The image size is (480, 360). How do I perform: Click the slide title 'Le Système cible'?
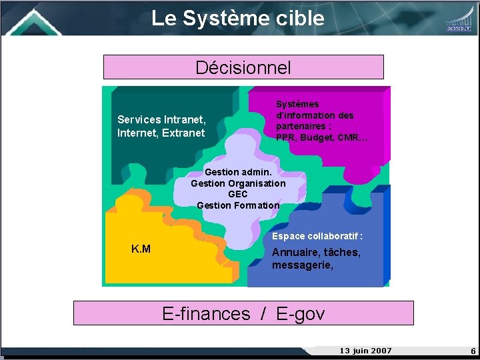238,18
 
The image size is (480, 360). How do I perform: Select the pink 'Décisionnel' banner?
243,67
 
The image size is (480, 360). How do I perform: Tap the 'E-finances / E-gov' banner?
243,313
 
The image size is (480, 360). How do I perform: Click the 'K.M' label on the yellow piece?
141,249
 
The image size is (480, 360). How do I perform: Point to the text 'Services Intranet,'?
161,120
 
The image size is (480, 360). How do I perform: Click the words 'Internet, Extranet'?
161,133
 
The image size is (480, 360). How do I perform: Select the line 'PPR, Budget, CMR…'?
321,137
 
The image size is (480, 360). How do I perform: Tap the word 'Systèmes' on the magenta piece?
297,104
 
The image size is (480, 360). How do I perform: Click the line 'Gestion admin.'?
238,172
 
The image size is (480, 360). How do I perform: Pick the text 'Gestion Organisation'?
238,183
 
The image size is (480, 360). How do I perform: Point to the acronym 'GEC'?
238,194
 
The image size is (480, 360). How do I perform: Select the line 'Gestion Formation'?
238,205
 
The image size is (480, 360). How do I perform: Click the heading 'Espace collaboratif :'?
317,236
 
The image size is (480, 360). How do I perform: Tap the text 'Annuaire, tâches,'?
317,253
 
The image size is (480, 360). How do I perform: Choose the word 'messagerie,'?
303,265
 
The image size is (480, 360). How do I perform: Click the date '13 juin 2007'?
365,351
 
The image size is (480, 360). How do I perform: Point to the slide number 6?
473,351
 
